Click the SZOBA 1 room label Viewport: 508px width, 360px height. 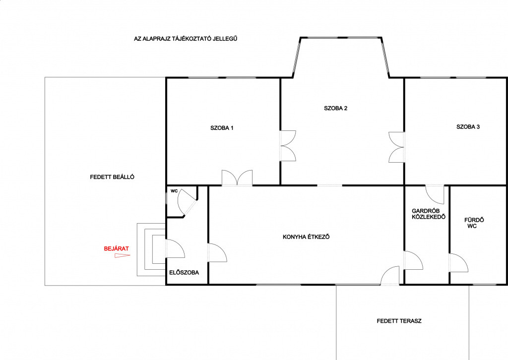click(222, 128)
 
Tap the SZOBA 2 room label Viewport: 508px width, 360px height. click(336, 108)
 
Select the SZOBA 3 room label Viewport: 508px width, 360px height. click(468, 127)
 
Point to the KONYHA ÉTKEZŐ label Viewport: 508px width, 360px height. click(306, 237)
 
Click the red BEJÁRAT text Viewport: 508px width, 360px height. click(116, 248)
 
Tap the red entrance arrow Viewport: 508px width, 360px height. click(123, 256)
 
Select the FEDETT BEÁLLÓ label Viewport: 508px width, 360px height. click(112, 177)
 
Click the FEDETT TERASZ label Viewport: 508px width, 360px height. click(399, 321)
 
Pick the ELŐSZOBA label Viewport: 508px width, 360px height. click(184, 273)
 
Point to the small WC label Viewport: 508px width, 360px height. click(174, 191)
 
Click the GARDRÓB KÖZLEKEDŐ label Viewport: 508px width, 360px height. click(429, 214)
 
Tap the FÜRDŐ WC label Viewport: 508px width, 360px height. click(474, 223)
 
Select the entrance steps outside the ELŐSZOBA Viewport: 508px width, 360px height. click(151, 249)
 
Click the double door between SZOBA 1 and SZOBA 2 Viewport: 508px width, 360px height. click(288, 146)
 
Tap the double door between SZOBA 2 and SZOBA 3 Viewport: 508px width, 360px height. click(396, 147)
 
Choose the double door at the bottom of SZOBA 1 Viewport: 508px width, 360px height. click(237, 178)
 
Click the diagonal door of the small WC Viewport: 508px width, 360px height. click(187, 202)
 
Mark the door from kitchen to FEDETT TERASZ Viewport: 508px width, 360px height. click(390, 276)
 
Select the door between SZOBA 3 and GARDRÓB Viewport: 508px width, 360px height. click(435, 194)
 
